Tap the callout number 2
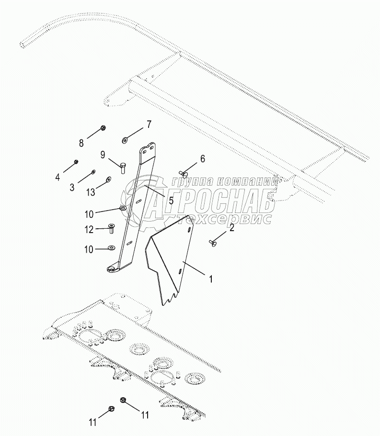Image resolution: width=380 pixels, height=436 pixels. pos(231,228)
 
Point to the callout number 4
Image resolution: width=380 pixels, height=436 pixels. pos(58,177)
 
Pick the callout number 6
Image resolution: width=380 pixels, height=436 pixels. pos(202,158)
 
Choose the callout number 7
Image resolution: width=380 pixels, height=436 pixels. pos(149,124)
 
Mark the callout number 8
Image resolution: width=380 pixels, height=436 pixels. pos(81,142)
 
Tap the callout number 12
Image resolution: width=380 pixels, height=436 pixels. pos(89,230)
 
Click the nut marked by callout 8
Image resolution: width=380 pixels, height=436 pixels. pos(104,128)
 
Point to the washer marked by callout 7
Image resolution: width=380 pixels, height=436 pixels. pos(125,140)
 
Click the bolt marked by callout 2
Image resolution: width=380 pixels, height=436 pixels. pos(213,243)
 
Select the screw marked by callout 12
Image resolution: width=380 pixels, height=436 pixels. pos(111,228)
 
